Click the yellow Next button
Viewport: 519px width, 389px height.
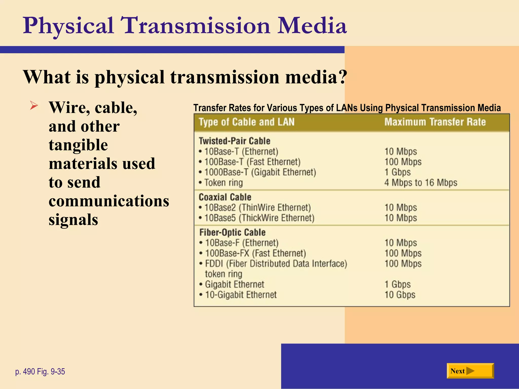click(470, 371)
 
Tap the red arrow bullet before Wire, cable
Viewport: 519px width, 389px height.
click(34, 105)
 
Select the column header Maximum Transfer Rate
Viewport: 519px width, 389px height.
click(435, 122)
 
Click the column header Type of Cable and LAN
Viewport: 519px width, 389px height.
click(247, 122)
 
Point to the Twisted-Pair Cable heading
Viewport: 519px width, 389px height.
click(234, 141)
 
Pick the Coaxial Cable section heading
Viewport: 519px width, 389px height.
click(225, 197)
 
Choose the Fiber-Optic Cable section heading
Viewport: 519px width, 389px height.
click(232, 232)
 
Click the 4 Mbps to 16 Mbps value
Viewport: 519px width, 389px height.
click(421, 183)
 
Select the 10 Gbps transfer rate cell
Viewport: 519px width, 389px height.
click(400, 295)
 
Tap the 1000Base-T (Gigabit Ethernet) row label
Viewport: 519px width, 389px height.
click(260, 172)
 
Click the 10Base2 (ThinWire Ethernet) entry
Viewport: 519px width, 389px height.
click(257, 208)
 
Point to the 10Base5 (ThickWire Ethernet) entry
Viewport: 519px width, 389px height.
click(259, 218)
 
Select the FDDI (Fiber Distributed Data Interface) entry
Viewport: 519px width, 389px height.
click(276, 264)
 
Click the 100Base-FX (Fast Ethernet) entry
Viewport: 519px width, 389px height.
click(255, 253)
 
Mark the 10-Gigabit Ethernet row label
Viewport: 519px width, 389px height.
click(241, 295)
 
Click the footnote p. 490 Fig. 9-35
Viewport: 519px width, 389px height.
click(40, 372)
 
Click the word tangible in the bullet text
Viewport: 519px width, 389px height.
click(78, 145)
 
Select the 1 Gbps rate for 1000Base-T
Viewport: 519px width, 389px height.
click(397, 172)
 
